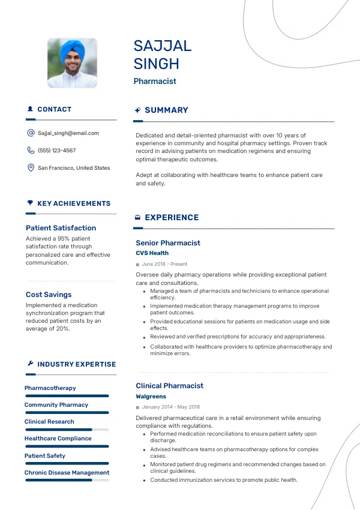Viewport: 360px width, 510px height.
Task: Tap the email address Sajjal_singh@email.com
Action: (68, 133)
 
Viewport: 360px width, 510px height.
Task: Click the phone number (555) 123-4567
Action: (57, 151)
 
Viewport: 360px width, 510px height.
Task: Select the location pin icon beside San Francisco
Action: (31, 168)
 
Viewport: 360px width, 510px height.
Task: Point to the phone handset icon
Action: (31, 151)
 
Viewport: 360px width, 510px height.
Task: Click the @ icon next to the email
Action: (31, 133)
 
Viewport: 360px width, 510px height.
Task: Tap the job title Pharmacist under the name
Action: (155, 81)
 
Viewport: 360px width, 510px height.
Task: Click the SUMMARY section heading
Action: (166, 110)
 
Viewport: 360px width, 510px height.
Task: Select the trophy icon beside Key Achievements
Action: (30, 203)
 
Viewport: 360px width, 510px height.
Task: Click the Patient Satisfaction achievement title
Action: (61, 228)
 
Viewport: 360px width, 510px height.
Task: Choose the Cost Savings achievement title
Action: (49, 295)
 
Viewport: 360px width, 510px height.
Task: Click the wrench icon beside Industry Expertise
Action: (30, 364)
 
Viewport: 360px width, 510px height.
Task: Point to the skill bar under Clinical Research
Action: (67, 430)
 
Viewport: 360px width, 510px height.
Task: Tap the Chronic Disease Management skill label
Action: (67, 473)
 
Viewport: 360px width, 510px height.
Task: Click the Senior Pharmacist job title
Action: (168, 243)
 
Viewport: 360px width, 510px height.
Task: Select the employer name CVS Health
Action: (152, 253)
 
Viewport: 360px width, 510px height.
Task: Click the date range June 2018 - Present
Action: (164, 264)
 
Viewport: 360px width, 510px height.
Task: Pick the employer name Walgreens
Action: (151, 397)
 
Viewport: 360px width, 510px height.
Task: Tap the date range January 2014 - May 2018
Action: (170, 407)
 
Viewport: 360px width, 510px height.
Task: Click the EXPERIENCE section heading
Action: (172, 218)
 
